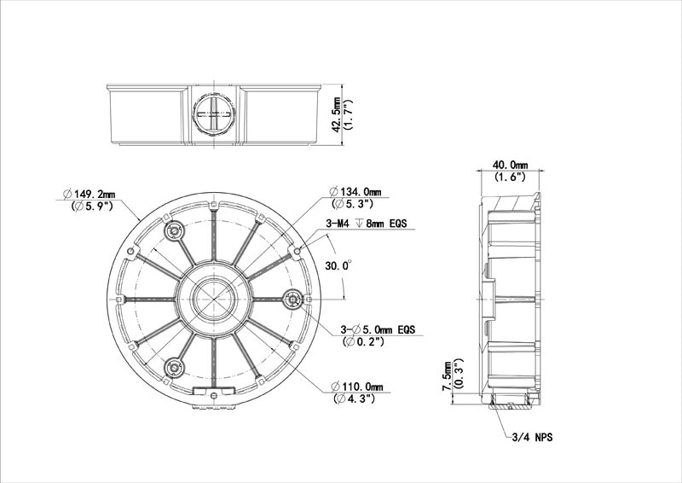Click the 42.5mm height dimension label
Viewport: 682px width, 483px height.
coord(336,114)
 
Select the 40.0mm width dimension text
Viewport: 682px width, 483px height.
coord(510,165)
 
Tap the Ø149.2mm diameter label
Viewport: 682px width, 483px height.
coord(89,194)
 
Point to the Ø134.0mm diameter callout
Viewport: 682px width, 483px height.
coord(355,192)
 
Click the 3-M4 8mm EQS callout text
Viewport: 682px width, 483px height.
coord(367,224)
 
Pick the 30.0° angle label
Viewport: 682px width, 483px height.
coord(338,265)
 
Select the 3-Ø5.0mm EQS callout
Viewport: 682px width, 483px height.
coord(378,329)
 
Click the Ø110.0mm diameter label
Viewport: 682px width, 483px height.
coord(356,387)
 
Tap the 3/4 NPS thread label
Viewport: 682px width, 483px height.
coord(532,437)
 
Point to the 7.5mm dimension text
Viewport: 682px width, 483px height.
coord(447,375)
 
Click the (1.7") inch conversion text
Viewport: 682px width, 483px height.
coord(348,114)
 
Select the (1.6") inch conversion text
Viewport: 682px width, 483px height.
coord(510,177)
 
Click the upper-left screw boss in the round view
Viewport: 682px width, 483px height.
coord(174,230)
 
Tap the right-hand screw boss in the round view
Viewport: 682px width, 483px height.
coord(292,300)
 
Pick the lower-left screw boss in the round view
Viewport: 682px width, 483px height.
coord(174,368)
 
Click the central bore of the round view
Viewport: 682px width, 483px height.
coord(214,300)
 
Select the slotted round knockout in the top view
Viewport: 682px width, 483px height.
coord(215,114)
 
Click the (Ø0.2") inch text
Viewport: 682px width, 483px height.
coord(364,342)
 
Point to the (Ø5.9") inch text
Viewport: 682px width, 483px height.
coord(92,206)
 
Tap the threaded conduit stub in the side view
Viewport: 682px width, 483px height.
coord(510,400)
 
